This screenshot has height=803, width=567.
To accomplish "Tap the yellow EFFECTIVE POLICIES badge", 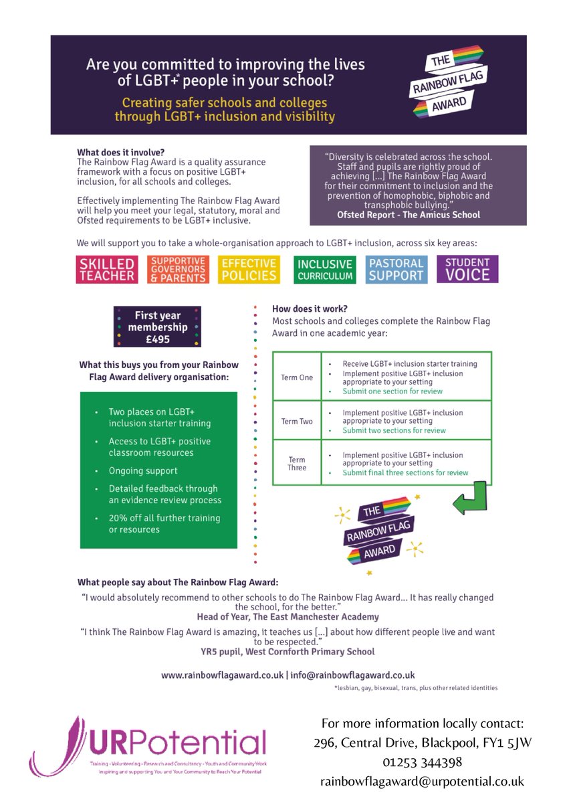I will tap(249, 269).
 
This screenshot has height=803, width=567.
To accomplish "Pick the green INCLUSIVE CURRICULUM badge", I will tap(324, 269).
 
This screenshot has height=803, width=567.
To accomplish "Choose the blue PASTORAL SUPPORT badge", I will tap(396, 269).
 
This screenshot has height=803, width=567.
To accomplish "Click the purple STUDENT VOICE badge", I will tap(467, 269).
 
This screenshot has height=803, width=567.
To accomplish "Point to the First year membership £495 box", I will tap(157, 327).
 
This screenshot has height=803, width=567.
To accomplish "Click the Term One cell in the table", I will tap(297, 377).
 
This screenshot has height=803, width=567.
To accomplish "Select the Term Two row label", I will tap(297, 422).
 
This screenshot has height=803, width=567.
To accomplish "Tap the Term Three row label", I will tap(297, 463).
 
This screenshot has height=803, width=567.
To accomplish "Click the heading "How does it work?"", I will tap(310, 309).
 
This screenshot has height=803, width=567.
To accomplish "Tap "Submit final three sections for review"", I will tap(405, 472).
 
